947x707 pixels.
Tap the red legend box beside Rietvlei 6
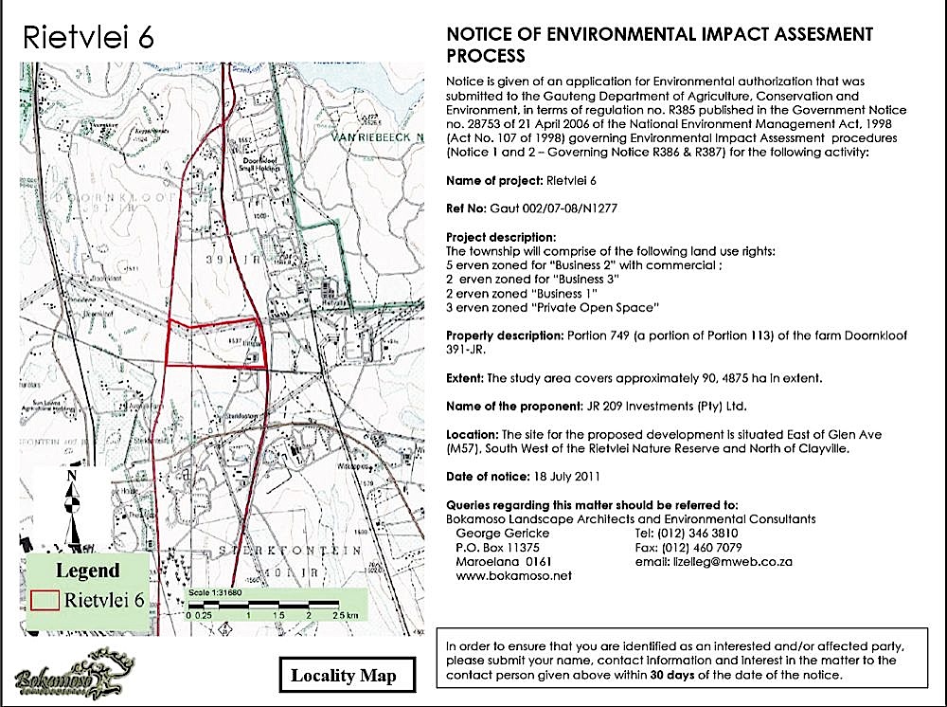(45, 600)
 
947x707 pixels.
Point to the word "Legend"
(87, 571)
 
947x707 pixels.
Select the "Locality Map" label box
(343, 675)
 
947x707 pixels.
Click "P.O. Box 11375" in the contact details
(499, 548)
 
